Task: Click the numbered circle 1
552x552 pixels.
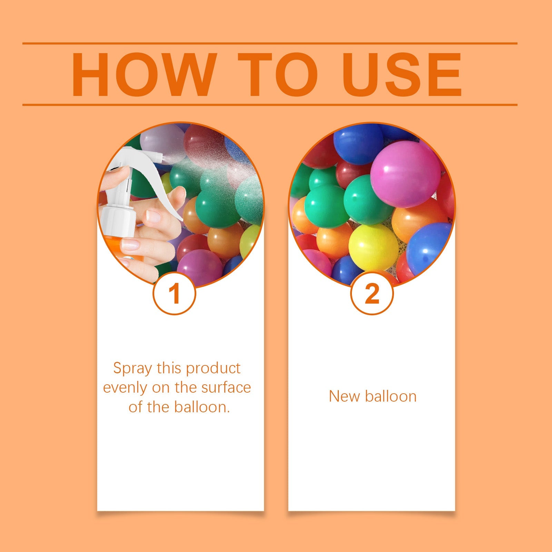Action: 175,294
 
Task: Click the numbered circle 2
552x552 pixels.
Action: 372,294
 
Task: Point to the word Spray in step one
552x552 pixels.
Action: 132,368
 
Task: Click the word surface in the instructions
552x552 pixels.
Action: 226,388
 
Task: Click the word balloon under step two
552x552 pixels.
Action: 391,396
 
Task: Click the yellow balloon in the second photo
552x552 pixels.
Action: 373,247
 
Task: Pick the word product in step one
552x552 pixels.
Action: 213,368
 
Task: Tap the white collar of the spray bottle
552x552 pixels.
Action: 117,214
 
